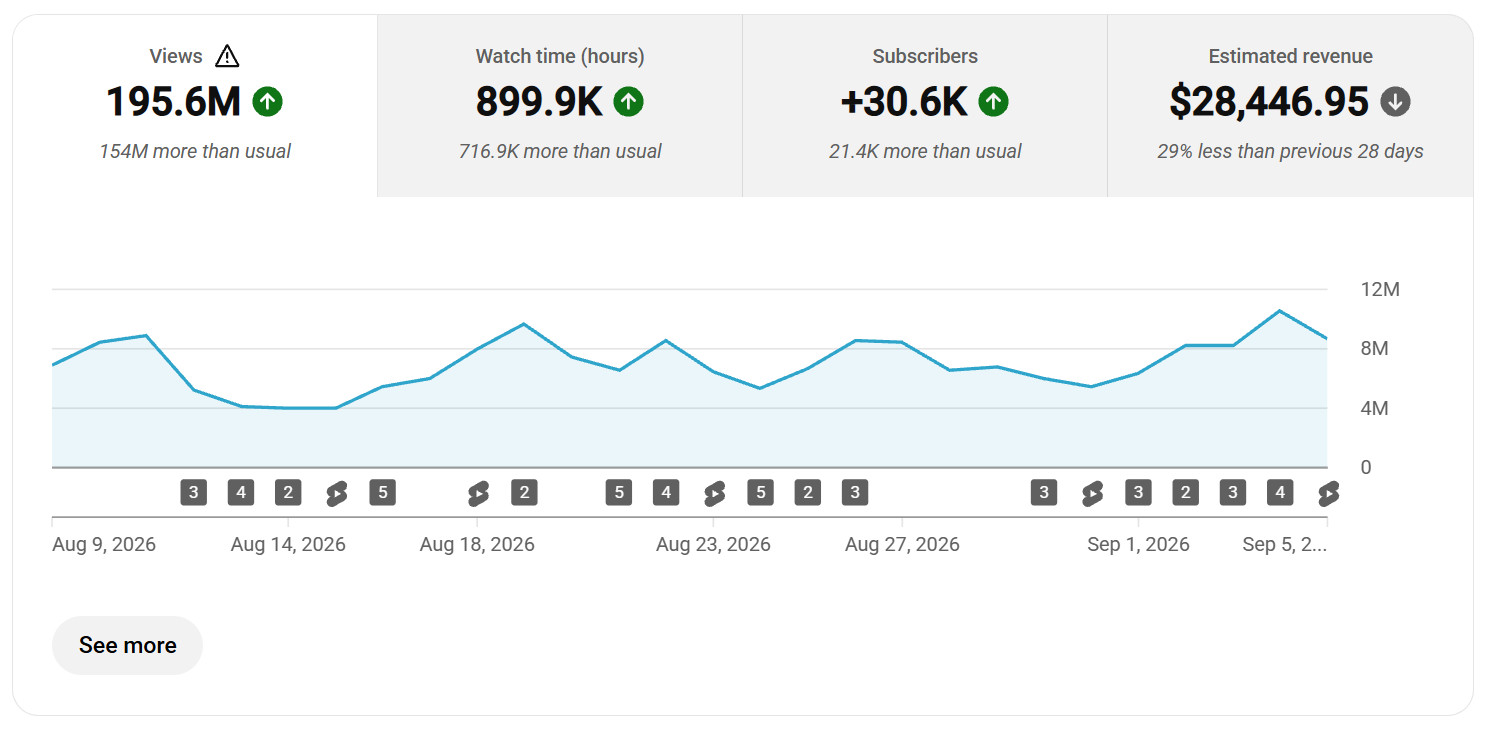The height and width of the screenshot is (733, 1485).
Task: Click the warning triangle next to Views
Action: (x=227, y=56)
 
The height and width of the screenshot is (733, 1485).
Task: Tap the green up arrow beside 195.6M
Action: (x=268, y=102)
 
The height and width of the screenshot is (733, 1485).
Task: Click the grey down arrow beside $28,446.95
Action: (x=1396, y=102)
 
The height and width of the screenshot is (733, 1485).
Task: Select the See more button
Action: (x=127, y=646)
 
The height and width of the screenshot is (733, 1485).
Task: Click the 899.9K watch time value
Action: (x=539, y=102)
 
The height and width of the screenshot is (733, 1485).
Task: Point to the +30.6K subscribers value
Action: (x=904, y=102)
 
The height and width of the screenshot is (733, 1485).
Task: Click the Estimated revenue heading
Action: (x=1290, y=56)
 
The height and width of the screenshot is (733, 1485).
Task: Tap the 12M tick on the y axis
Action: (x=1380, y=289)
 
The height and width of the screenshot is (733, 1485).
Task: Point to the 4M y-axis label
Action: (x=1374, y=408)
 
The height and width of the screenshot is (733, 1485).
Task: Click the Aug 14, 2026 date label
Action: (x=288, y=544)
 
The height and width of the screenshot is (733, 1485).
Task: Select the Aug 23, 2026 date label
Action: (x=713, y=544)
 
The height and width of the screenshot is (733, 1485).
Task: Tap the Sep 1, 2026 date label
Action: (x=1138, y=544)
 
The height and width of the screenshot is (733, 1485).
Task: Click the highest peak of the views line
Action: (x=1279, y=310)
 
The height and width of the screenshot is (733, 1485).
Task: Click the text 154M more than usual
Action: (x=195, y=151)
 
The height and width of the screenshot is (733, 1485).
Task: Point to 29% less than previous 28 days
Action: (x=1290, y=151)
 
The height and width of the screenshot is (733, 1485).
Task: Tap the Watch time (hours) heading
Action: (x=560, y=56)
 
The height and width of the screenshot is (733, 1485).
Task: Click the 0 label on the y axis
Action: (x=1366, y=467)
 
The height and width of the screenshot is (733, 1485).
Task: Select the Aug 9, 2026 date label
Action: (x=104, y=544)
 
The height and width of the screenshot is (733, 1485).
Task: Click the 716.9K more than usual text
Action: (x=560, y=151)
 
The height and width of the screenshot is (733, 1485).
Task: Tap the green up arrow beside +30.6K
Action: (x=994, y=102)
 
